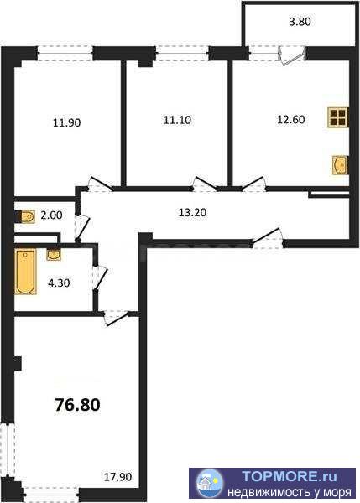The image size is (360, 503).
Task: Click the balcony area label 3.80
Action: point(300,22)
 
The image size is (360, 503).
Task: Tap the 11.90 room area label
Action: point(67,122)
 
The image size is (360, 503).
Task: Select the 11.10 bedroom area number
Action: point(177,120)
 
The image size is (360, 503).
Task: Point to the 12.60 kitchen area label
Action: point(291,119)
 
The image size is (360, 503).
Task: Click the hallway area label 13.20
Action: point(192,212)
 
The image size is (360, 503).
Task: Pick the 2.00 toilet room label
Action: point(51,215)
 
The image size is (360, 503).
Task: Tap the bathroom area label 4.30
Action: point(59,283)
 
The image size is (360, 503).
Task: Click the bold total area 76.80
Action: point(78,405)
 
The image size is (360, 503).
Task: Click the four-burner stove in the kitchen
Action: point(338,117)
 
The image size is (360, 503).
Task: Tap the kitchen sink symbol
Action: point(340,165)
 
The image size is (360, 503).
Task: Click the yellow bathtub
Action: point(25,272)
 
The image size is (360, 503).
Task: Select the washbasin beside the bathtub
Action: point(54,255)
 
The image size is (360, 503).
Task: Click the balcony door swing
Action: point(292,56)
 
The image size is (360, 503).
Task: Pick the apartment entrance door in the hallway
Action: point(268,238)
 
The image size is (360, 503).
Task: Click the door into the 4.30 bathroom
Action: point(100,278)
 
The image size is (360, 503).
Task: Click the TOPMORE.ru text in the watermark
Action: point(289,476)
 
